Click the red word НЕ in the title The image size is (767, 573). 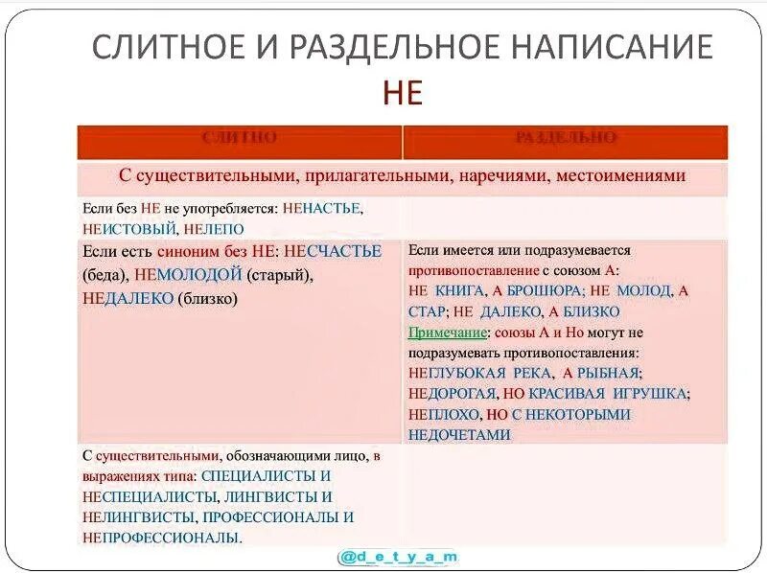403,92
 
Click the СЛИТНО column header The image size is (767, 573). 240,138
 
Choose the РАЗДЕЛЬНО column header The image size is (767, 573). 565,138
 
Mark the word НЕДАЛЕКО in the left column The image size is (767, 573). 128,299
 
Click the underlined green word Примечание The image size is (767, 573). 447,332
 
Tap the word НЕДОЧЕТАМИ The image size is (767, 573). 459,435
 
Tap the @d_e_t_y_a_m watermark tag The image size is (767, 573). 399,557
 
